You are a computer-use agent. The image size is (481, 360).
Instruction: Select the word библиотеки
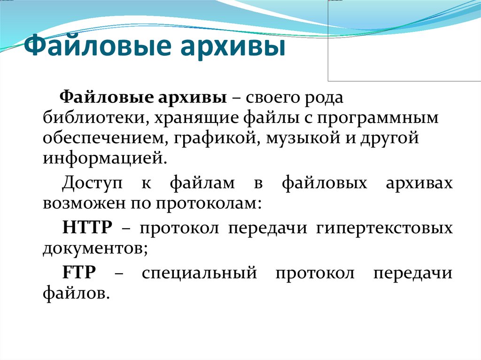point(92,118)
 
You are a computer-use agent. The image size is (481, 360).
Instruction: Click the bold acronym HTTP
point(87,229)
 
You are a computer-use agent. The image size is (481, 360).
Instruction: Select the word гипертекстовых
point(384,229)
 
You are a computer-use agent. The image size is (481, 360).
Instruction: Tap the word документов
point(95,249)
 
